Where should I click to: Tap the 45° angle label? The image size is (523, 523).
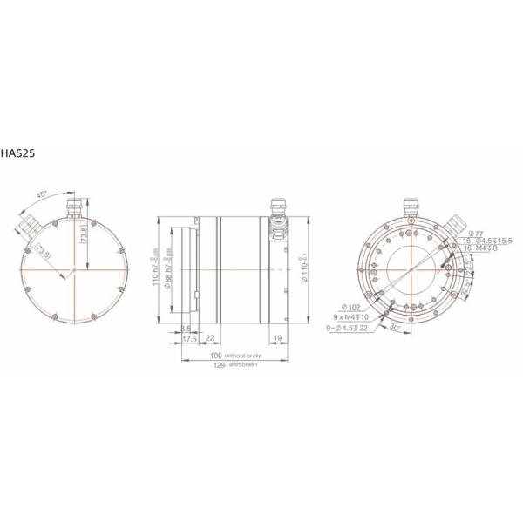[41, 194]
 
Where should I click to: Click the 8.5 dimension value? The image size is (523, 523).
[186, 329]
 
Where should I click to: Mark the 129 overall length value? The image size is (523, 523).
[220, 365]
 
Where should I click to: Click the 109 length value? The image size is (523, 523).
[216, 357]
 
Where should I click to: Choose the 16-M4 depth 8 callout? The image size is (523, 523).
[481, 248]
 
